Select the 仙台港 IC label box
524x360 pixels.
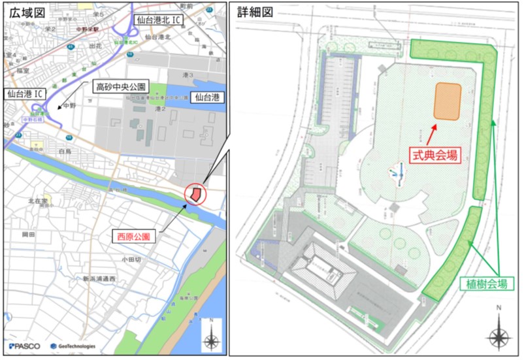[x=24, y=94]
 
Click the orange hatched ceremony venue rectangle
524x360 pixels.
[x=448, y=101]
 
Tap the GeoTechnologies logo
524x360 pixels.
[x=73, y=346]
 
